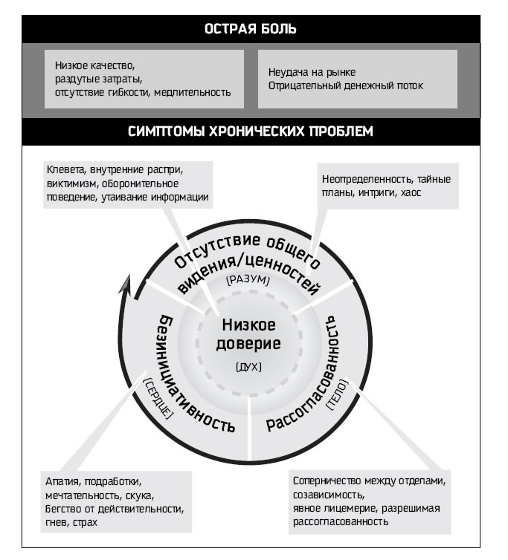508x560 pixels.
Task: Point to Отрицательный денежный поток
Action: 345,85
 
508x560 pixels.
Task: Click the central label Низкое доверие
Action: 248,335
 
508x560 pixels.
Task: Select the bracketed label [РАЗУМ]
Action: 246,282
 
